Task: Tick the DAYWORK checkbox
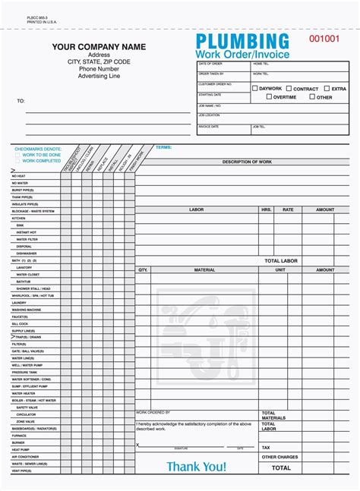click(x=255, y=89)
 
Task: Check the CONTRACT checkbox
click(x=289, y=89)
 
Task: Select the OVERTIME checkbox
click(x=269, y=97)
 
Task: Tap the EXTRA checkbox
click(x=327, y=89)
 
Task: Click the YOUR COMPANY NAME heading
click(x=99, y=48)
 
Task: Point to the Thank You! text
click(x=196, y=467)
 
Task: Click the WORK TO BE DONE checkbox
click(x=17, y=155)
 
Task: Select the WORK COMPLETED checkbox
click(x=17, y=161)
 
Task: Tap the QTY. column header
click(x=143, y=269)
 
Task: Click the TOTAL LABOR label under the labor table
click(x=283, y=260)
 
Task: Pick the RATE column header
click(x=288, y=209)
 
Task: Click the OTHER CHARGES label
click(x=279, y=457)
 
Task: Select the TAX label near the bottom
click(x=266, y=448)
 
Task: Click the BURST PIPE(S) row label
click(x=22, y=190)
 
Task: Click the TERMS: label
click(x=163, y=147)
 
